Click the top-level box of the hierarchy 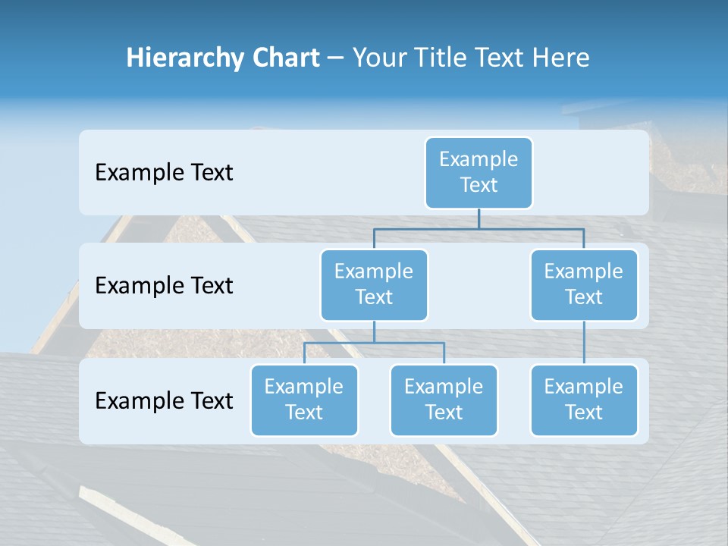click(x=479, y=172)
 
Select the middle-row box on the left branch click(x=374, y=284)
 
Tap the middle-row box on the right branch click(x=584, y=284)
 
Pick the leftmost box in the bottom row click(x=304, y=400)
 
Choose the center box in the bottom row click(x=444, y=400)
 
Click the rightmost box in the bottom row click(x=584, y=400)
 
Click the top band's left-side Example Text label click(x=164, y=173)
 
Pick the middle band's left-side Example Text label click(x=164, y=286)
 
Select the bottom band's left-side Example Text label click(x=164, y=400)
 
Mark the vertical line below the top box click(x=479, y=218)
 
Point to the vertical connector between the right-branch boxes click(x=584, y=342)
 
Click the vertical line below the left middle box click(x=374, y=331)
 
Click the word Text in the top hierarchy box click(x=479, y=185)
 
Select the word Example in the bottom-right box click(x=584, y=387)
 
